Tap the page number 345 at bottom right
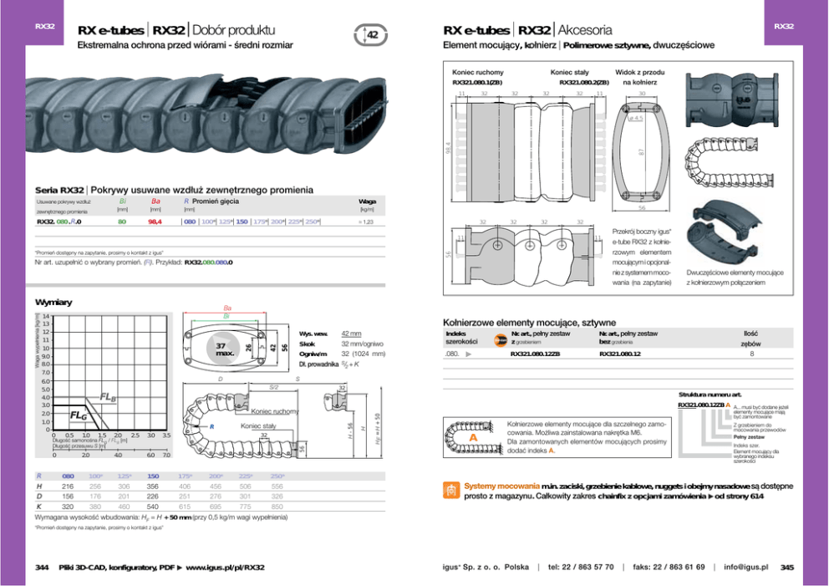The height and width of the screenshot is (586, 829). click(786, 568)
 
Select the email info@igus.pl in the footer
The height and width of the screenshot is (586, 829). click(745, 568)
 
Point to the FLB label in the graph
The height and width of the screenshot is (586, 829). click(109, 396)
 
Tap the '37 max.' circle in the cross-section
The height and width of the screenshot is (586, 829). click(223, 348)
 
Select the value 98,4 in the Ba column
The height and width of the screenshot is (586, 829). click(155, 222)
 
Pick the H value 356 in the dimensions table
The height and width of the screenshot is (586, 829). click(153, 486)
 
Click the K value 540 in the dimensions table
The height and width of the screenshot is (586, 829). click(153, 507)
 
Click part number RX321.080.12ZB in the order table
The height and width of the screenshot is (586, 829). click(535, 354)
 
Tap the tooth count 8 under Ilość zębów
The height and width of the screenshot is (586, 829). click(751, 354)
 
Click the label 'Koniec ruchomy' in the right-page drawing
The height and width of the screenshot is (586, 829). click(477, 72)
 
